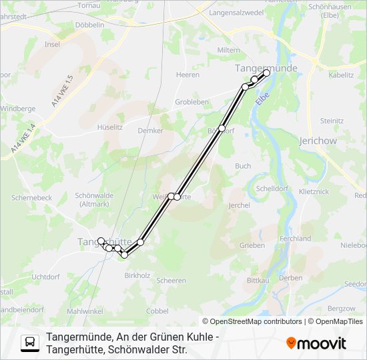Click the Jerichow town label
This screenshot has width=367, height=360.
[x=318, y=141]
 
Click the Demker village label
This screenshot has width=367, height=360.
[x=150, y=131]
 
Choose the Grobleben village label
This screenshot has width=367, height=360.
[x=192, y=102]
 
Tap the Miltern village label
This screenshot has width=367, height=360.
[x=229, y=50]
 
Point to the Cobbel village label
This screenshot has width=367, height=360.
[x=157, y=311]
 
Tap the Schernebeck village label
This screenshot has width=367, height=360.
[x=31, y=198]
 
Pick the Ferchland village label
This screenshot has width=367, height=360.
[x=296, y=238]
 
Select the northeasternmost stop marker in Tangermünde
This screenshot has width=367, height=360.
[x=266, y=73]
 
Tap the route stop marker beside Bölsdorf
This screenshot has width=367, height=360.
[x=222, y=128]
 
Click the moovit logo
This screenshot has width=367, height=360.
[x=316, y=343]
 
